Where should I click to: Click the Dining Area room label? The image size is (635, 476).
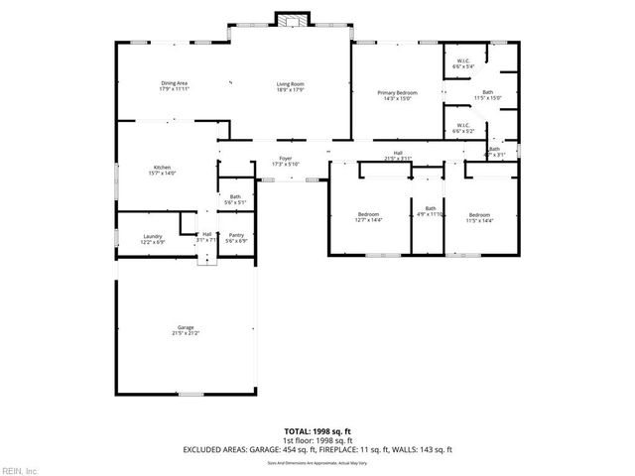[x=175, y=85]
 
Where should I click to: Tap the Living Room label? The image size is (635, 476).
[x=290, y=85]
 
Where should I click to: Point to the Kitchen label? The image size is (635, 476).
[x=163, y=170]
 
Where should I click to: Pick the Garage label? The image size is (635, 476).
[x=185, y=330]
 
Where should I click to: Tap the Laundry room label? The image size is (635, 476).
[x=152, y=238]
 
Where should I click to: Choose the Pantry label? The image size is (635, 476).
[x=235, y=238]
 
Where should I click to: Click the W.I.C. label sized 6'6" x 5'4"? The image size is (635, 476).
[x=463, y=64]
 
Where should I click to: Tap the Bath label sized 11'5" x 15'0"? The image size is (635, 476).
[x=488, y=95]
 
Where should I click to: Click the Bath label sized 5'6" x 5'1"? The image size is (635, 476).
[x=235, y=199]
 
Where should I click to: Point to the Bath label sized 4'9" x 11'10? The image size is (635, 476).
[x=431, y=211]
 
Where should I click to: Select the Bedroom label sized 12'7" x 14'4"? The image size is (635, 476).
[x=369, y=217]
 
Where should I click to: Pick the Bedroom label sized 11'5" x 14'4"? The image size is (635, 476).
[x=479, y=217]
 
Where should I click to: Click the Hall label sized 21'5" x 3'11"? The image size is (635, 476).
[x=397, y=155]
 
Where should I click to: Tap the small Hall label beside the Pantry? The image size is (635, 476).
[x=206, y=237]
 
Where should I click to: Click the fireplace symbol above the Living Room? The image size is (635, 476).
[x=290, y=20]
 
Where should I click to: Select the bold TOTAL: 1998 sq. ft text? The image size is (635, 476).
[x=317, y=431]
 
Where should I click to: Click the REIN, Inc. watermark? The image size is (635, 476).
[x=20, y=469]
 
